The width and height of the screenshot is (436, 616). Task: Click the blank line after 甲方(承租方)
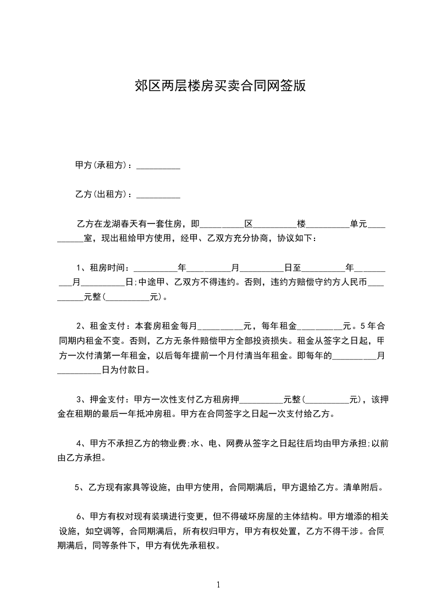158,166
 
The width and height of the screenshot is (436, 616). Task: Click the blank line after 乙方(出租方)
158,194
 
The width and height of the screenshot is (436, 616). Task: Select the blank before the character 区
222,225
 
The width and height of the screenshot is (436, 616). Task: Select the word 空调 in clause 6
107,531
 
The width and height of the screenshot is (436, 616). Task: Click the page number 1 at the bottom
218,585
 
